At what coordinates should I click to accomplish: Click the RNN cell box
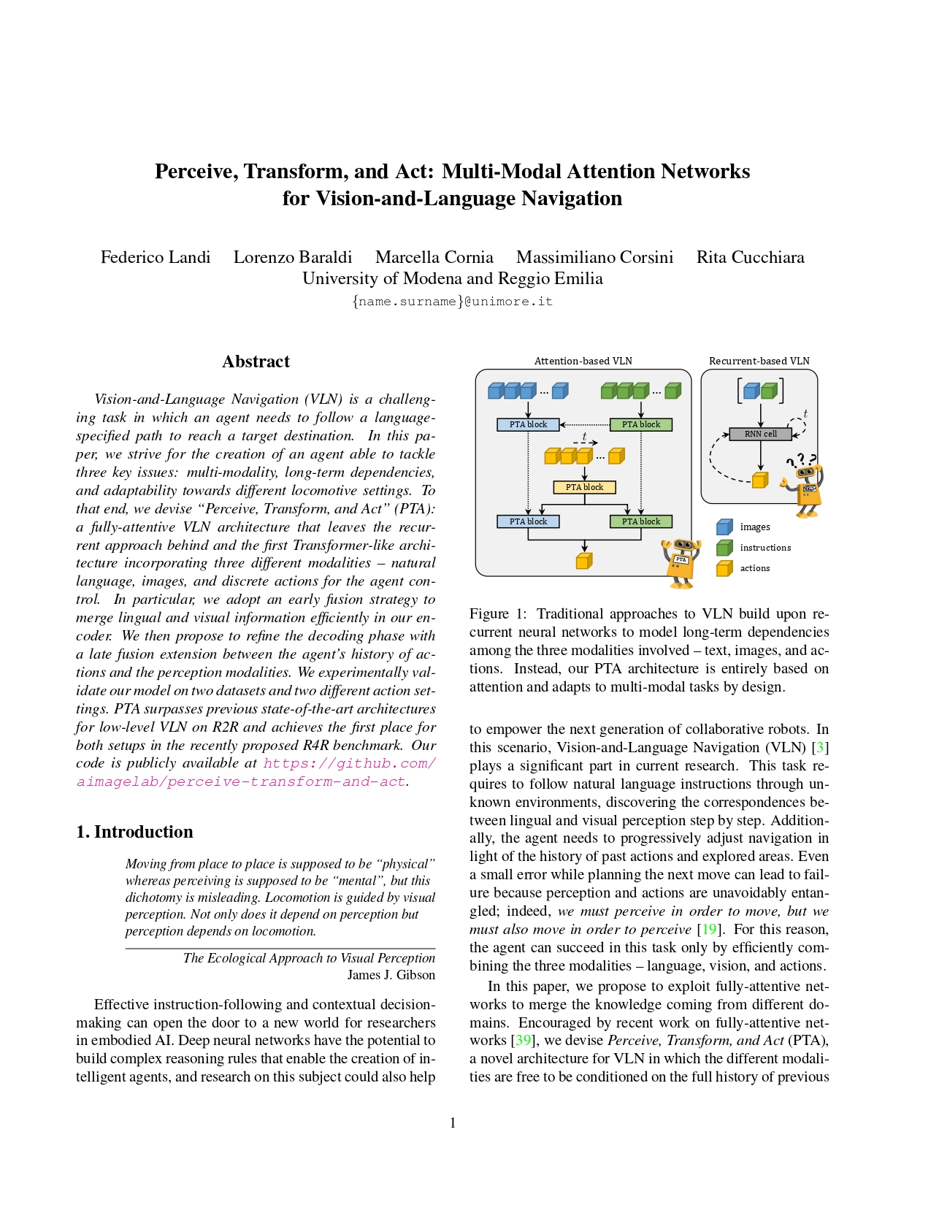[760, 434]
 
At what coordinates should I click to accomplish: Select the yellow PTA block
[584, 487]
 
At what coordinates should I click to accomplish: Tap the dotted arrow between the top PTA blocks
[585, 424]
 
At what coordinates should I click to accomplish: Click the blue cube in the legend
[724, 527]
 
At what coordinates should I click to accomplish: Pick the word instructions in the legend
[765, 548]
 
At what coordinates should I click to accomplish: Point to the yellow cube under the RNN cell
[760, 480]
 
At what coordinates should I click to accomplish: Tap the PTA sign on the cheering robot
[681, 559]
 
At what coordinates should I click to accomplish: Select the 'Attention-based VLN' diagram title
[583, 361]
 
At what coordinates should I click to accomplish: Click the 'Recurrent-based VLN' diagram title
[759, 361]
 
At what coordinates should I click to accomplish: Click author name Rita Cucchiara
[750, 257]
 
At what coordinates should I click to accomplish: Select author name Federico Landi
[156, 257]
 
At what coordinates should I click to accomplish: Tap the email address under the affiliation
[452, 302]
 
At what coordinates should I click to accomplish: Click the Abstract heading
[256, 361]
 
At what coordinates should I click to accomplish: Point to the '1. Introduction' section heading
[134, 832]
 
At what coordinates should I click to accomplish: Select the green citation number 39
[523, 1040]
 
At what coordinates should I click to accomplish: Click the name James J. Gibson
[391, 975]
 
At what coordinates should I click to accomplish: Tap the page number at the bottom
[453, 1123]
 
